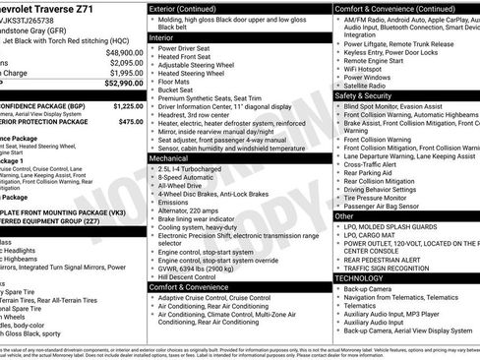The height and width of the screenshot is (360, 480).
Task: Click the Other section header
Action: [x=345, y=215]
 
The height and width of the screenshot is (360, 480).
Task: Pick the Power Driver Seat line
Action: [x=194, y=47]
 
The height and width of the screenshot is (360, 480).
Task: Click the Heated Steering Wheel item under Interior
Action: [x=202, y=73]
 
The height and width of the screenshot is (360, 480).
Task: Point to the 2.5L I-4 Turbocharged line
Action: [x=196, y=169]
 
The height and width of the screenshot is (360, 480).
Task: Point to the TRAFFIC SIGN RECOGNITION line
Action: [x=397, y=268]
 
